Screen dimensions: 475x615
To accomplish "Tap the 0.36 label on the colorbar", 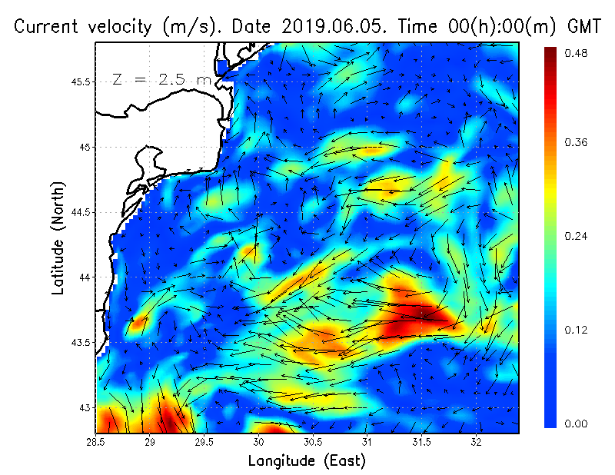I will pos(577,142).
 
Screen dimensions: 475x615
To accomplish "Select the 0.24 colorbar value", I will pos(577,236).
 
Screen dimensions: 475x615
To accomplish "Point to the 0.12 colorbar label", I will pos(577,330).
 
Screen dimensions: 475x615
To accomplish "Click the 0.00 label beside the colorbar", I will pos(577,424).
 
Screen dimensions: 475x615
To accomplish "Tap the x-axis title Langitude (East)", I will pos(307,461).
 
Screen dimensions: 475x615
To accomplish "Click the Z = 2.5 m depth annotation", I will pos(161,80).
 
